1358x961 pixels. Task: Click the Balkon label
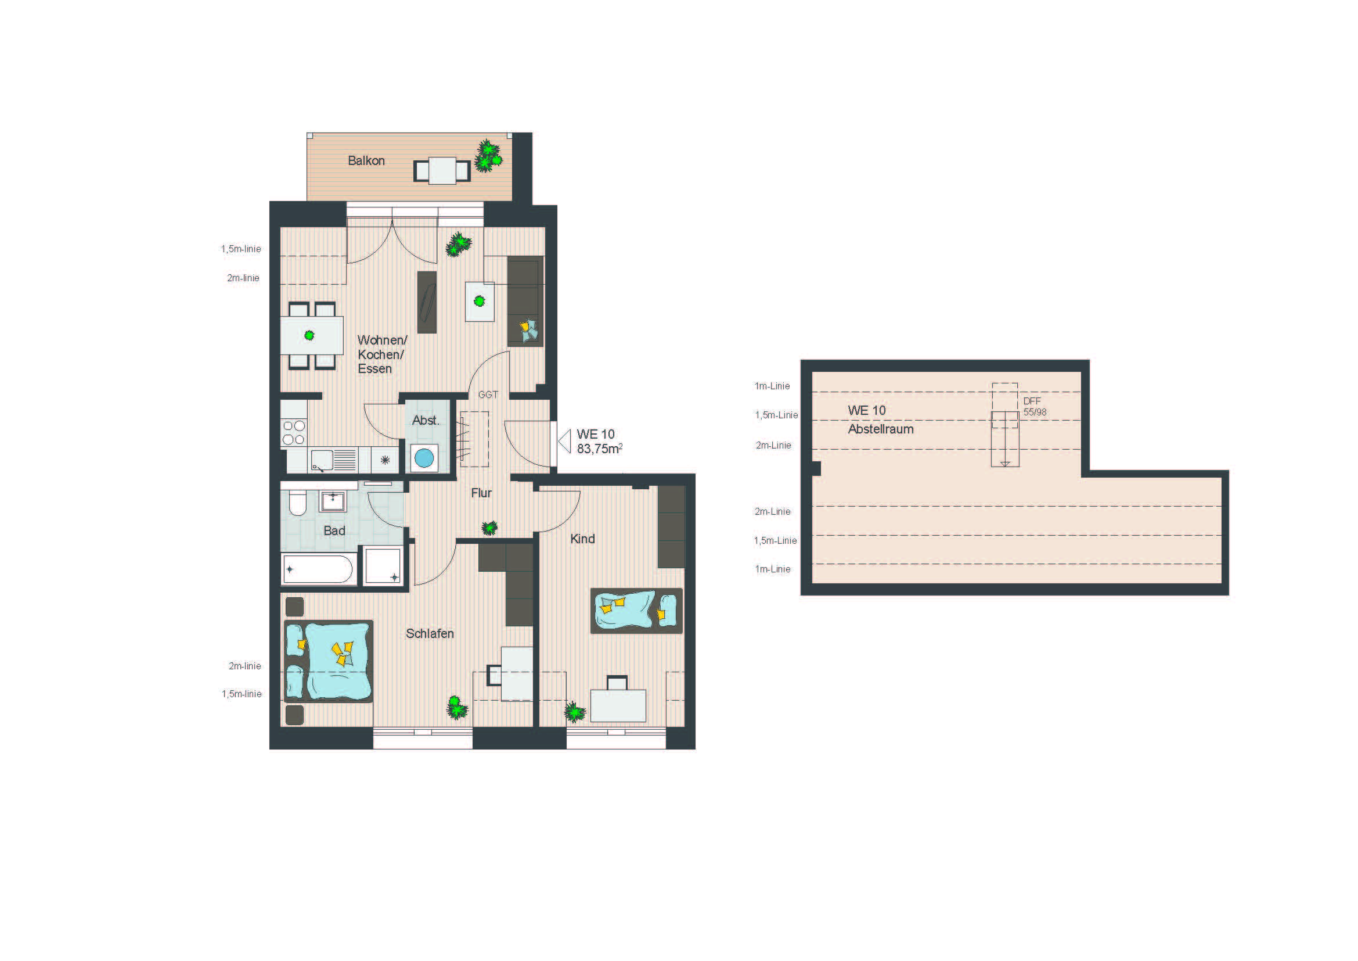pos(366,160)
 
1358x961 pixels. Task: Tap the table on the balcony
pos(442,170)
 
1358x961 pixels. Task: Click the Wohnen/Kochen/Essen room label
pos(382,354)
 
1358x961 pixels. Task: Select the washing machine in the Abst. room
pos(424,458)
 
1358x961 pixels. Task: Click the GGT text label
pos(488,395)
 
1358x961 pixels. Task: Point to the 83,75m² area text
pos(600,449)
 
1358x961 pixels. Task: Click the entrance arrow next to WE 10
pos(565,442)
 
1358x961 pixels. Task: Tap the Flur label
pos(481,493)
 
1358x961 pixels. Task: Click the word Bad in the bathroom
pos(334,531)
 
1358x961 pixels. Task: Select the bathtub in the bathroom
pos(319,569)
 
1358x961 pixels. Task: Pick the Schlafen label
pos(430,633)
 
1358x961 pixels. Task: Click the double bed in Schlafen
pos(329,661)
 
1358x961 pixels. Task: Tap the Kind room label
pos(582,539)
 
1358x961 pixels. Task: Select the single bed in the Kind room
pos(636,611)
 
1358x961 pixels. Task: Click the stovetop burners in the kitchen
pos(293,432)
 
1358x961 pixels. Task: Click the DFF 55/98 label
pos(1035,407)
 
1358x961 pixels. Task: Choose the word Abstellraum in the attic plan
pos(881,429)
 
